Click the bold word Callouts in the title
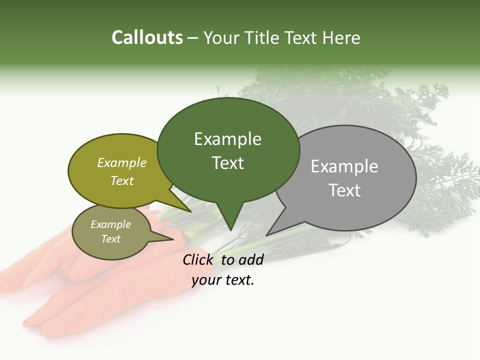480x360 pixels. (x=147, y=37)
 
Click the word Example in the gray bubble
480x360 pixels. (x=344, y=166)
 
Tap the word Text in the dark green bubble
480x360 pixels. (x=228, y=163)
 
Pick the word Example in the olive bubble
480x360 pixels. (x=122, y=163)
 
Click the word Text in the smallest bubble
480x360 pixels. (x=111, y=239)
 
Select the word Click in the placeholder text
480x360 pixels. (x=198, y=259)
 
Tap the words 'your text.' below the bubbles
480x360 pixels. (x=223, y=280)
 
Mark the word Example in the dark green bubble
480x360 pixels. (x=228, y=139)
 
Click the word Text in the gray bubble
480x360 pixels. (x=344, y=190)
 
